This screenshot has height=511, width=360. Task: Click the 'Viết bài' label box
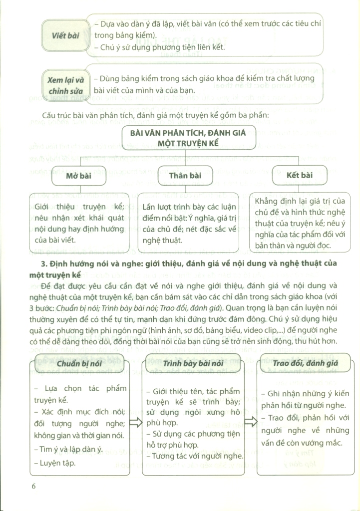[66, 35]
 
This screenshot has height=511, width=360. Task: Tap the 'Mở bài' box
[78, 176]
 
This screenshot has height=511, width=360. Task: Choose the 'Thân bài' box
[185, 176]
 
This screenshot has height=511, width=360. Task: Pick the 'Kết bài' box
[300, 176]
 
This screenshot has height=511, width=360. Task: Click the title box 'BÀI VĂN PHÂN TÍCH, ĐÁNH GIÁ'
[189, 138]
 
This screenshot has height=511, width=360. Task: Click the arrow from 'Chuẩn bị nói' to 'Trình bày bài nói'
[136, 423]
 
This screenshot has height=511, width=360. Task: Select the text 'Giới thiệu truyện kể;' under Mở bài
[79, 207]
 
